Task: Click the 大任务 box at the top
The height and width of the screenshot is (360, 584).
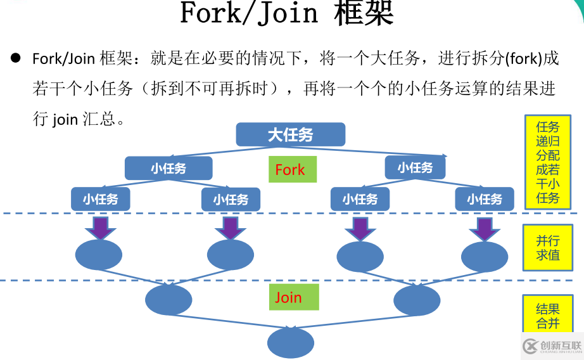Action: (x=290, y=134)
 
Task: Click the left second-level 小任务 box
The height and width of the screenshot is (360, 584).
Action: (x=168, y=168)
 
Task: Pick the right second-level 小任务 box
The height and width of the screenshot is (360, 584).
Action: (x=415, y=167)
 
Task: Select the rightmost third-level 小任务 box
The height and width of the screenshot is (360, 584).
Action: (x=485, y=199)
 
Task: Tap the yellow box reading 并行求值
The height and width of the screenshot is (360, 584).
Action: (x=547, y=247)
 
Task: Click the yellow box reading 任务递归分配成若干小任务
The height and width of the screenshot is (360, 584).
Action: (x=547, y=162)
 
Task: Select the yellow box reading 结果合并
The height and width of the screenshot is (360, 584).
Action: (x=547, y=314)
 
